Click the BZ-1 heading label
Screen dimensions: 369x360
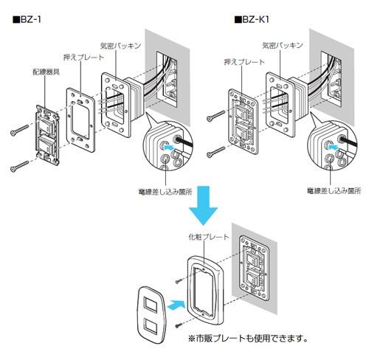point(27,20)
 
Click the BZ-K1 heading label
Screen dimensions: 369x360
point(252,19)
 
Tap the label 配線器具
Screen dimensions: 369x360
point(46,72)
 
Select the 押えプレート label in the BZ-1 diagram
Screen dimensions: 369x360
point(83,58)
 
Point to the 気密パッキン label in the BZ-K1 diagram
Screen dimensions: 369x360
point(283,45)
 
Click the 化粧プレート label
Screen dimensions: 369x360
point(209,237)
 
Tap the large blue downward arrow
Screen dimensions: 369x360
point(203,205)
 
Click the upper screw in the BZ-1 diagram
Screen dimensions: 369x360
point(19,130)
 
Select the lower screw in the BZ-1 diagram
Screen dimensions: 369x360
point(19,166)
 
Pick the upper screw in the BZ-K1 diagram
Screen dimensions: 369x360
point(215,116)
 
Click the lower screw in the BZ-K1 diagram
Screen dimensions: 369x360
point(215,152)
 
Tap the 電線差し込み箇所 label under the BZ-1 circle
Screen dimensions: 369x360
point(165,192)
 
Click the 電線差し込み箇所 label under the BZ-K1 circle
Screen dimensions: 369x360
point(334,191)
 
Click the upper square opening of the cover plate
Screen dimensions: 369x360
point(151,304)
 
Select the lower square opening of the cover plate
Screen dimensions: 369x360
point(151,325)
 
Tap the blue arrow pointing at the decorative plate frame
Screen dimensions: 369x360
point(176,305)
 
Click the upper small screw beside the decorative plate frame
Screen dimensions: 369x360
point(179,281)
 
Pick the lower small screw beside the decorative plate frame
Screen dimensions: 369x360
point(179,326)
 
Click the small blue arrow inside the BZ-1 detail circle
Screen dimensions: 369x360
point(169,148)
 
